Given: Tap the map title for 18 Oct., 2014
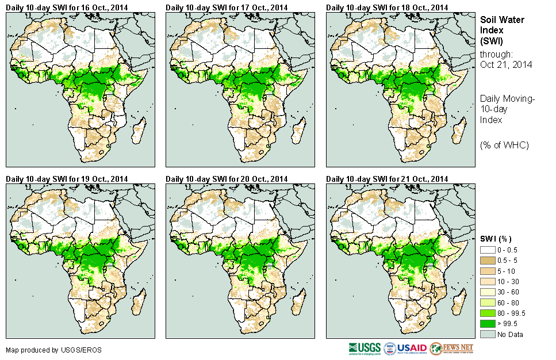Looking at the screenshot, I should point(387,7).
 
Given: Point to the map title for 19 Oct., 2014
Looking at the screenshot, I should point(67,179).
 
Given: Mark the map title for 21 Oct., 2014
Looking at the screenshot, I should point(387,179).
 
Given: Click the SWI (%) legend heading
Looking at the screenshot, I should point(496,239).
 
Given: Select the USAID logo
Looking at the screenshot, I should point(405,348).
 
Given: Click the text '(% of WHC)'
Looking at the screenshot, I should point(504,144).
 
